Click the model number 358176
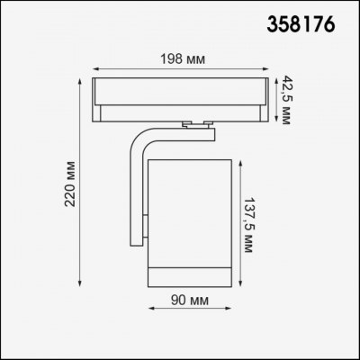pyautogui.click(x=301, y=24)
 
